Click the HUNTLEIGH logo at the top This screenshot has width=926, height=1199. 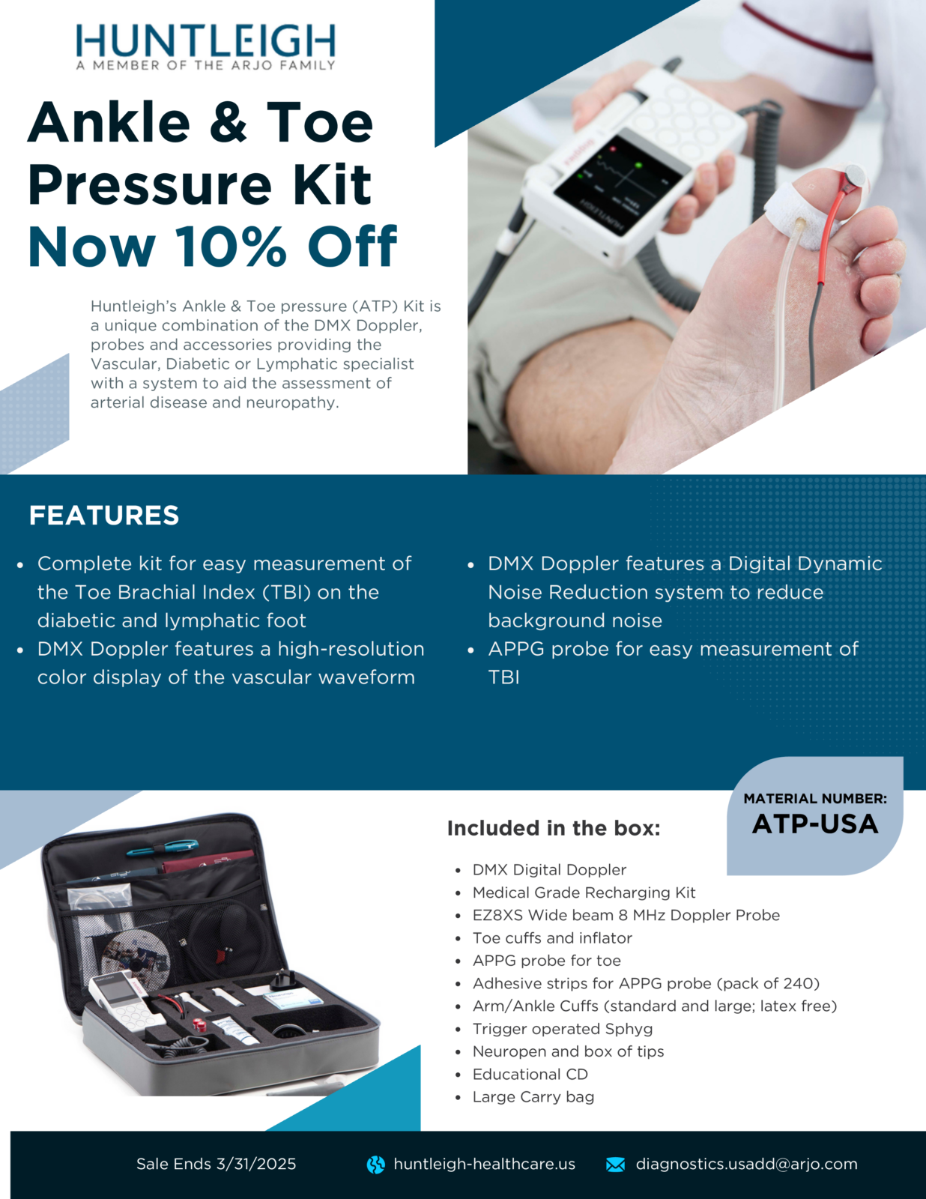click(205, 40)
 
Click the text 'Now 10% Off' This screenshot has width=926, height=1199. click(212, 247)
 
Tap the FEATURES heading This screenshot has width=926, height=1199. click(104, 516)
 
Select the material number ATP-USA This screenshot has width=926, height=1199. click(815, 824)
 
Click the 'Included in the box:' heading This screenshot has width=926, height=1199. click(554, 828)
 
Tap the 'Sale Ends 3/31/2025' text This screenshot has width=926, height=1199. click(216, 1164)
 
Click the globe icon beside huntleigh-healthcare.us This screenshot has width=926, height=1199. click(375, 1165)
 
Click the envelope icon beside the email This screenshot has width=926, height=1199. click(615, 1165)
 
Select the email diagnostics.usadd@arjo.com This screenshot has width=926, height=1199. click(746, 1164)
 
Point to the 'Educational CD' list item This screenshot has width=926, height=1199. click(530, 1074)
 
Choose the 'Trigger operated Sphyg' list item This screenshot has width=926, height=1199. click(562, 1029)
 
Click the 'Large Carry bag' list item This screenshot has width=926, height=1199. click(533, 1097)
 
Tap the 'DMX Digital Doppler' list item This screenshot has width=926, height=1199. click(549, 870)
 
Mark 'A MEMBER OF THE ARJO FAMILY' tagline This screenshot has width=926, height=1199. click(205, 66)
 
